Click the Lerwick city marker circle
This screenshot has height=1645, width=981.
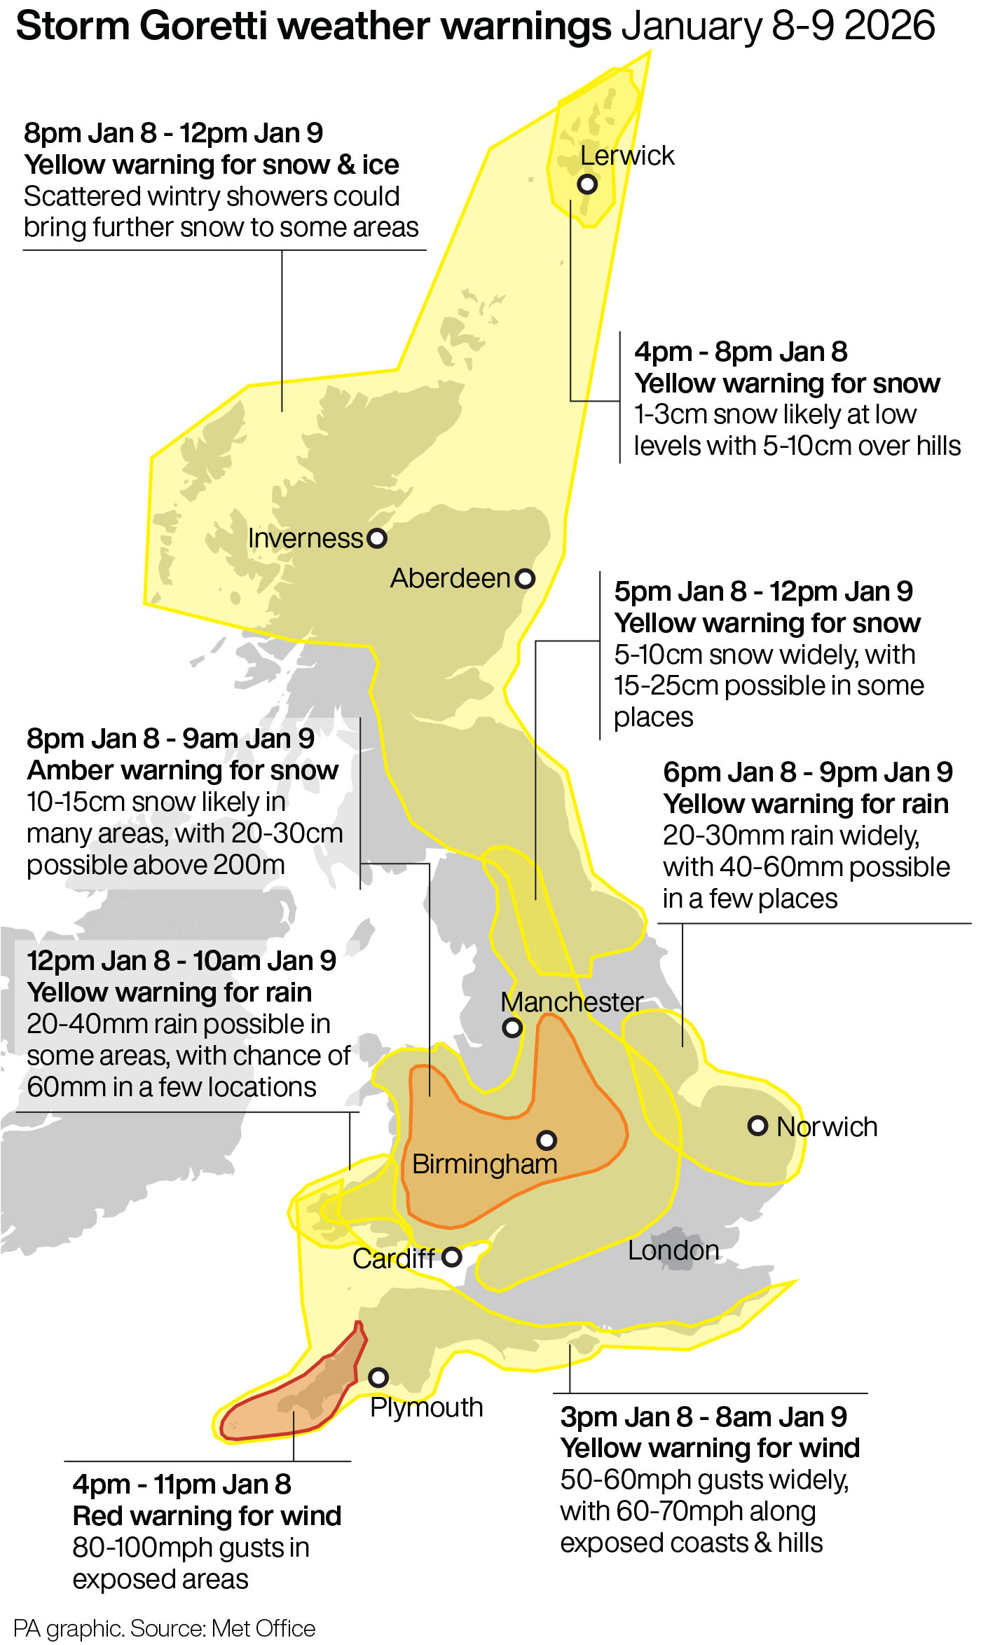pyautogui.click(x=587, y=184)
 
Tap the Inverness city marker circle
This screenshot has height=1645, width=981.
pyautogui.click(x=377, y=538)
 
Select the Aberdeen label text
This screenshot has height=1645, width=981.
pyautogui.click(x=450, y=578)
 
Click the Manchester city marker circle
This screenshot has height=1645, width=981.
pyautogui.click(x=512, y=1028)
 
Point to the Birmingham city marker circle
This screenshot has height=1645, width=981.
pyautogui.click(x=547, y=1140)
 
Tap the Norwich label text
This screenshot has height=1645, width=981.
pyautogui.click(x=827, y=1127)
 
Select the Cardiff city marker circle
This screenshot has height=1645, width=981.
pyautogui.click(x=452, y=1257)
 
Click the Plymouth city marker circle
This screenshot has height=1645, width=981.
pyautogui.click(x=378, y=1377)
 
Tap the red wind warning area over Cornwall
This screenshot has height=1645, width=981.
pyautogui.click(x=294, y=1402)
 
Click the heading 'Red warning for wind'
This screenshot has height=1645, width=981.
pyautogui.click(x=207, y=1516)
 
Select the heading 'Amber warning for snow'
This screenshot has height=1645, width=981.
pyautogui.click(x=182, y=770)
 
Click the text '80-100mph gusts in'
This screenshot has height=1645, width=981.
pyautogui.click(x=191, y=1548)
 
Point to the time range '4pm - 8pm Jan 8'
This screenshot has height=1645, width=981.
pyautogui.click(x=741, y=352)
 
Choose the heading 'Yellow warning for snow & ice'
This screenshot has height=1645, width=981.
pyautogui.click(x=211, y=165)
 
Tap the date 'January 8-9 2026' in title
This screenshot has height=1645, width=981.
pyautogui.click(x=778, y=27)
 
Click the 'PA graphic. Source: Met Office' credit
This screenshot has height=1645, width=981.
pyautogui.click(x=164, y=1628)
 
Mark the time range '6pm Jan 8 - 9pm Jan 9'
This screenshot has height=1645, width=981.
pyautogui.click(x=807, y=772)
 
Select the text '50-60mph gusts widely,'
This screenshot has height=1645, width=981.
pyautogui.click(x=704, y=1480)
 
